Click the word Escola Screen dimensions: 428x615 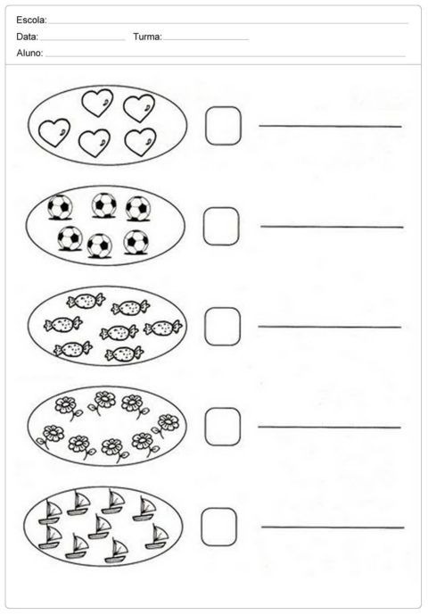click(x=30, y=20)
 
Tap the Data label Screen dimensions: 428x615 click(x=27, y=37)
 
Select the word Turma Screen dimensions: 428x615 click(x=147, y=37)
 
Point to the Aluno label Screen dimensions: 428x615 click(x=29, y=54)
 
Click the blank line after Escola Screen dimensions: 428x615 click(x=227, y=23)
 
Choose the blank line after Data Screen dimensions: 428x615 click(x=82, y=40)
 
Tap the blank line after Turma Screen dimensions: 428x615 click(x=205, y=39)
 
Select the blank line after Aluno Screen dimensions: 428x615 click(x=226, y=56)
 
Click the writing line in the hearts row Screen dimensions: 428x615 click(x=330, y=126)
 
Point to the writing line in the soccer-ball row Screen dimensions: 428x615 click(x=332, y=227)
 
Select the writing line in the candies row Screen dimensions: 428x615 click(x=330, y=327)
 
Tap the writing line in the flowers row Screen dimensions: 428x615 click(x=329, y=427)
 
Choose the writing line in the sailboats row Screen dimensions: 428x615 click(x=333, y=528)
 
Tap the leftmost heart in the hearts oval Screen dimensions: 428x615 click(x=54, y=133)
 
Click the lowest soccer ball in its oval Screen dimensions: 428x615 click(x=100, y=246)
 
